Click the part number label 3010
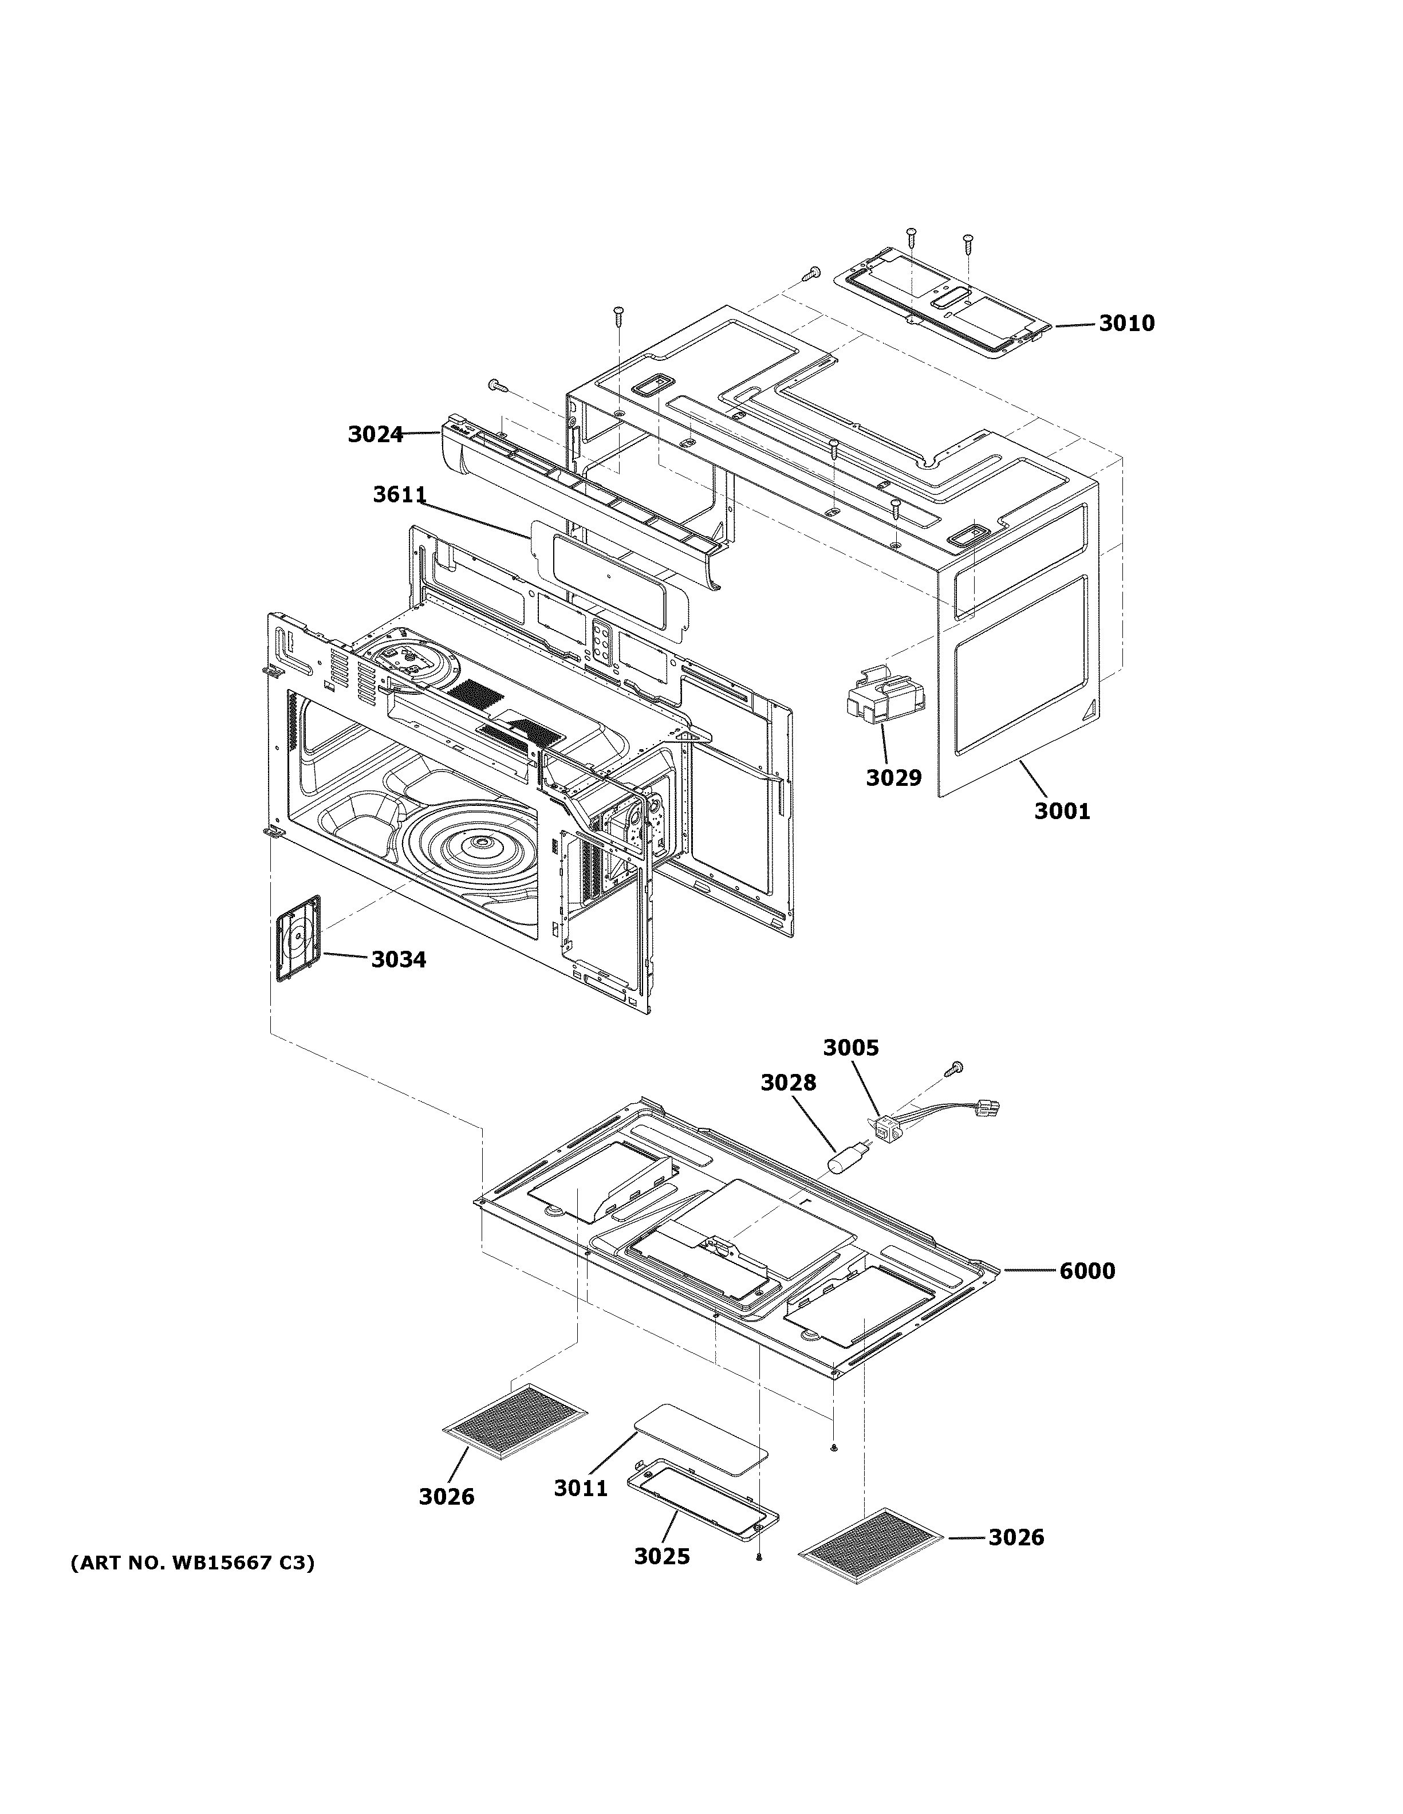coord(1126,323)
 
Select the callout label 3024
coord(375,434)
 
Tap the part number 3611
coord(399,495)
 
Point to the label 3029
coord(893,777)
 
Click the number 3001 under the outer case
coord(1061,810)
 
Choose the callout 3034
coord(399,959)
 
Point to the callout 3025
coord(661,1556)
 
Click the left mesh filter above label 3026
coord(515,1421)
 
